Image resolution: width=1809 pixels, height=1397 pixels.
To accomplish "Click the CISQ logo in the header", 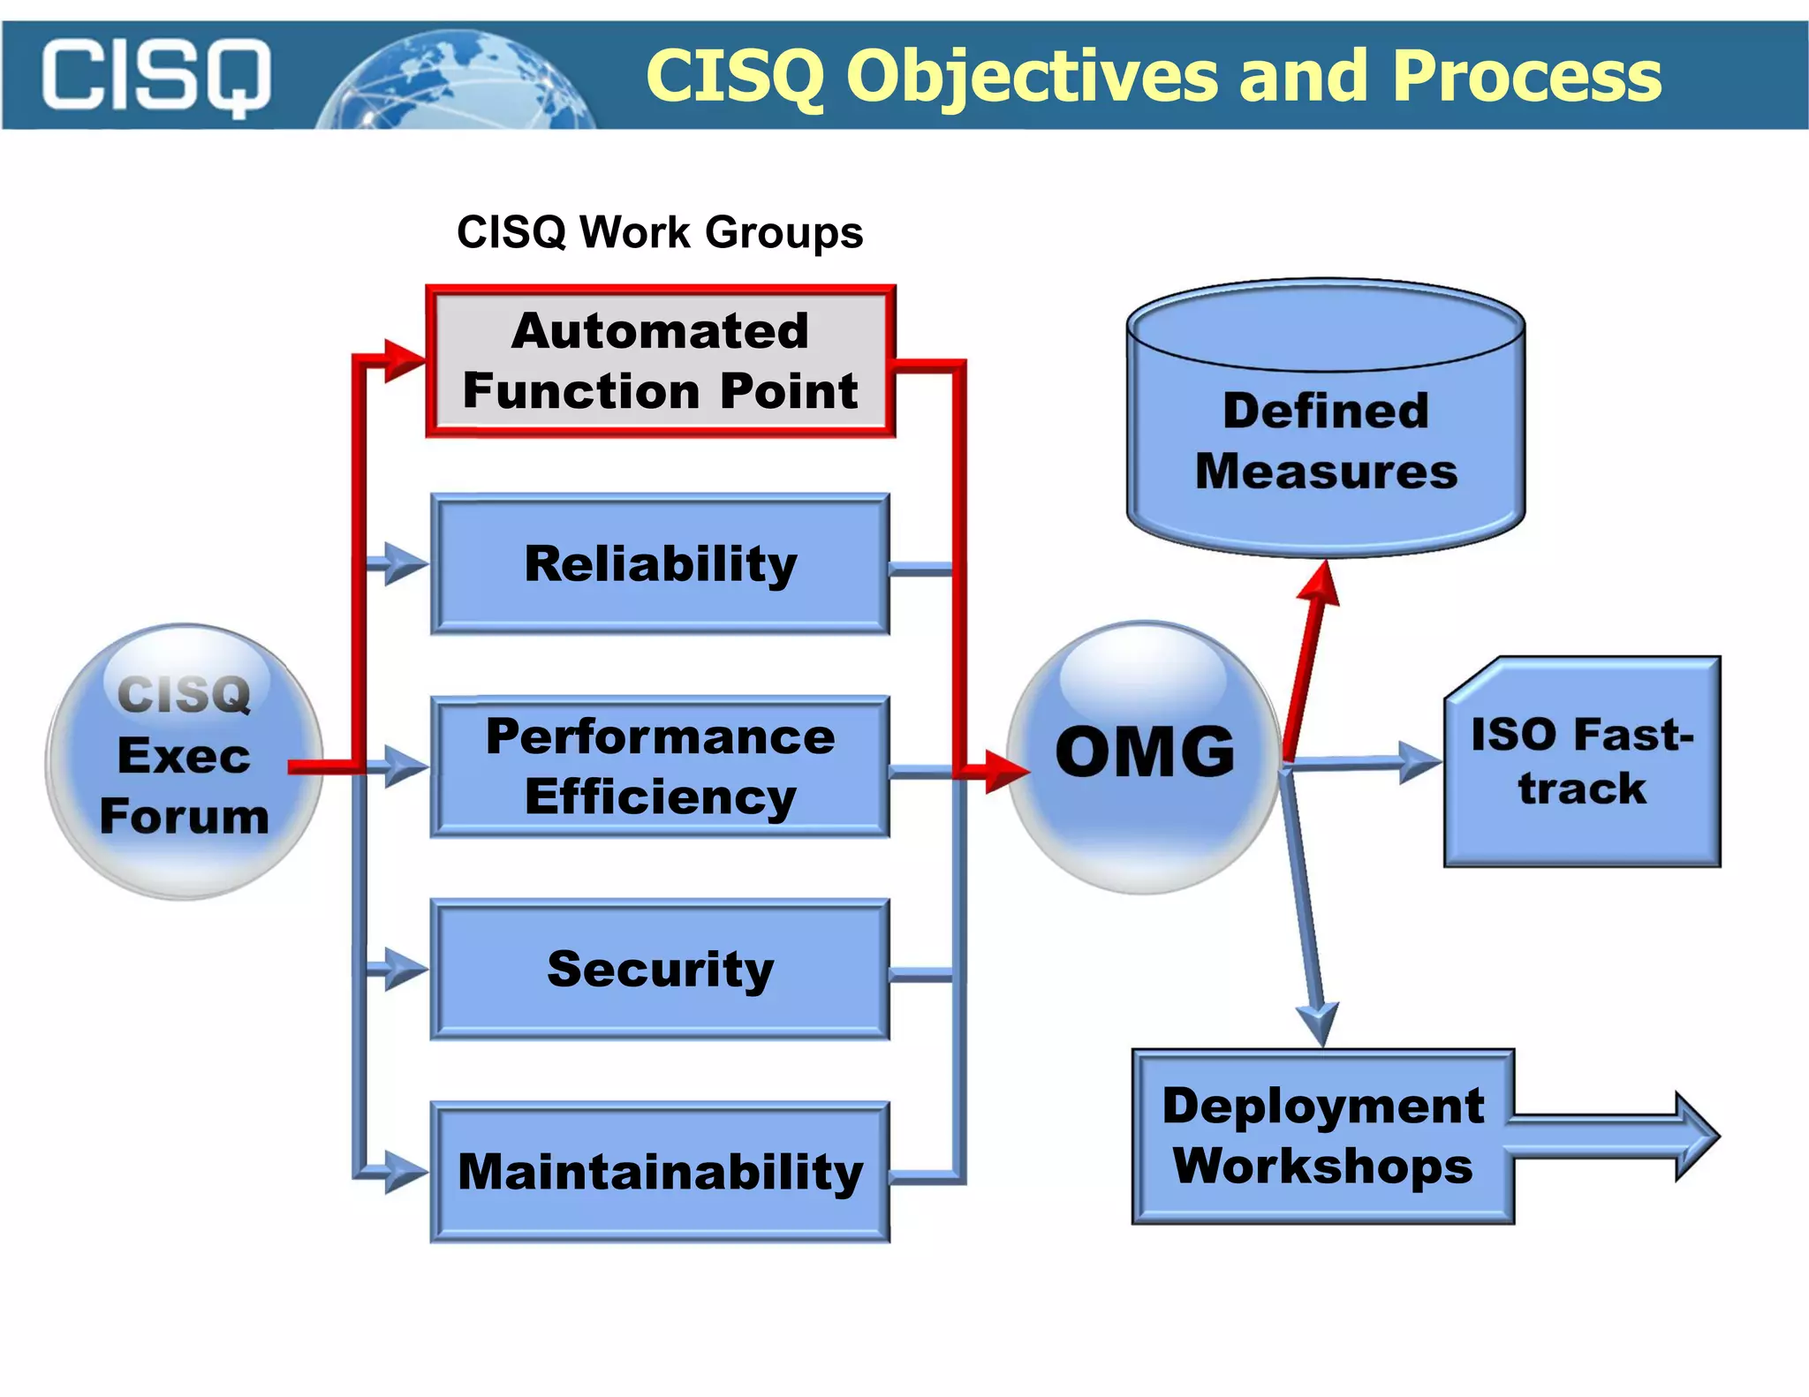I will pyautogui.click(x=155, y=76).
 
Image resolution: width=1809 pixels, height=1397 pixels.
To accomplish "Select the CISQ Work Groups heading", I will pyautogui.click(x=659, y=232).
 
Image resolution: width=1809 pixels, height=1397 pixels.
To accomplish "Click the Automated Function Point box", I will pyautogui.click(x=660, y=361).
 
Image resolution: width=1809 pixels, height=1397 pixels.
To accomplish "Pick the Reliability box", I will pyautogui.click(x=660, y=563).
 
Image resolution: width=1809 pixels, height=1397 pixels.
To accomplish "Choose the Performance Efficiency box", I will pyautogui.click(x=660, y=766).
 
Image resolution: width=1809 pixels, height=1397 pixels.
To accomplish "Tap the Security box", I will pyautogui.click(x=660, y=969).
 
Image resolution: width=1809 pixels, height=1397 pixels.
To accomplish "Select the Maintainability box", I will pyautogui.click(x=660, y=1172).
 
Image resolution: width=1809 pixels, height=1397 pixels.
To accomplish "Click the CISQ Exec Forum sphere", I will pyautogui.click(x=184, y=761).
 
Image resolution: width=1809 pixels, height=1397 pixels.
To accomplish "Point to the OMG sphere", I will pyautogui.click(x=1144, y=756).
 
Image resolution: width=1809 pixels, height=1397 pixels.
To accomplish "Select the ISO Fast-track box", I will pyautogui.click(x=1582, y=761).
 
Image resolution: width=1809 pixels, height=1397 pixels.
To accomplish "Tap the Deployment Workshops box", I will pyautogui.click(x=1322, y=1136).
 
